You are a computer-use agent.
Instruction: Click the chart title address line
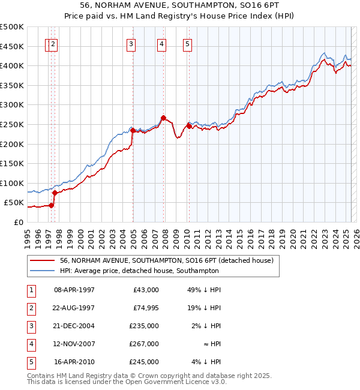coord(180,5)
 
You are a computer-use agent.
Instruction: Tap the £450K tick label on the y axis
coord(12,46)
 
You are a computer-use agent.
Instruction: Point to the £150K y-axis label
coord(12,163)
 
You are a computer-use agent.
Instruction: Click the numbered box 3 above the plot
coord(131,43)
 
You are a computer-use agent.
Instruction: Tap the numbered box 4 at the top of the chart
coord(162,43)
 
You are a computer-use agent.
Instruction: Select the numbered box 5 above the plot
coord(188,43)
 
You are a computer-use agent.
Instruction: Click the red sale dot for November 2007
coord(163,118)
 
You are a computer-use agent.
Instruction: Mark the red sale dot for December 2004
coord(133,130)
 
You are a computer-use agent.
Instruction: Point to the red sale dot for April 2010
coord(189,126)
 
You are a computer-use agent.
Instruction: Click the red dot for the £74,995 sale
coord(55,193)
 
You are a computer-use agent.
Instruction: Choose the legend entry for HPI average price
coord(139,271)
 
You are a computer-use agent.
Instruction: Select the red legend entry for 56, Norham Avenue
coord(167,260)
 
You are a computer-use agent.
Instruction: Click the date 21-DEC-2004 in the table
coord(74,326)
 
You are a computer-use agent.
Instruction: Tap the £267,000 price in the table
coord(144,344)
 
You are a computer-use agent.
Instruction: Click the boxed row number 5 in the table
coord(30,362)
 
